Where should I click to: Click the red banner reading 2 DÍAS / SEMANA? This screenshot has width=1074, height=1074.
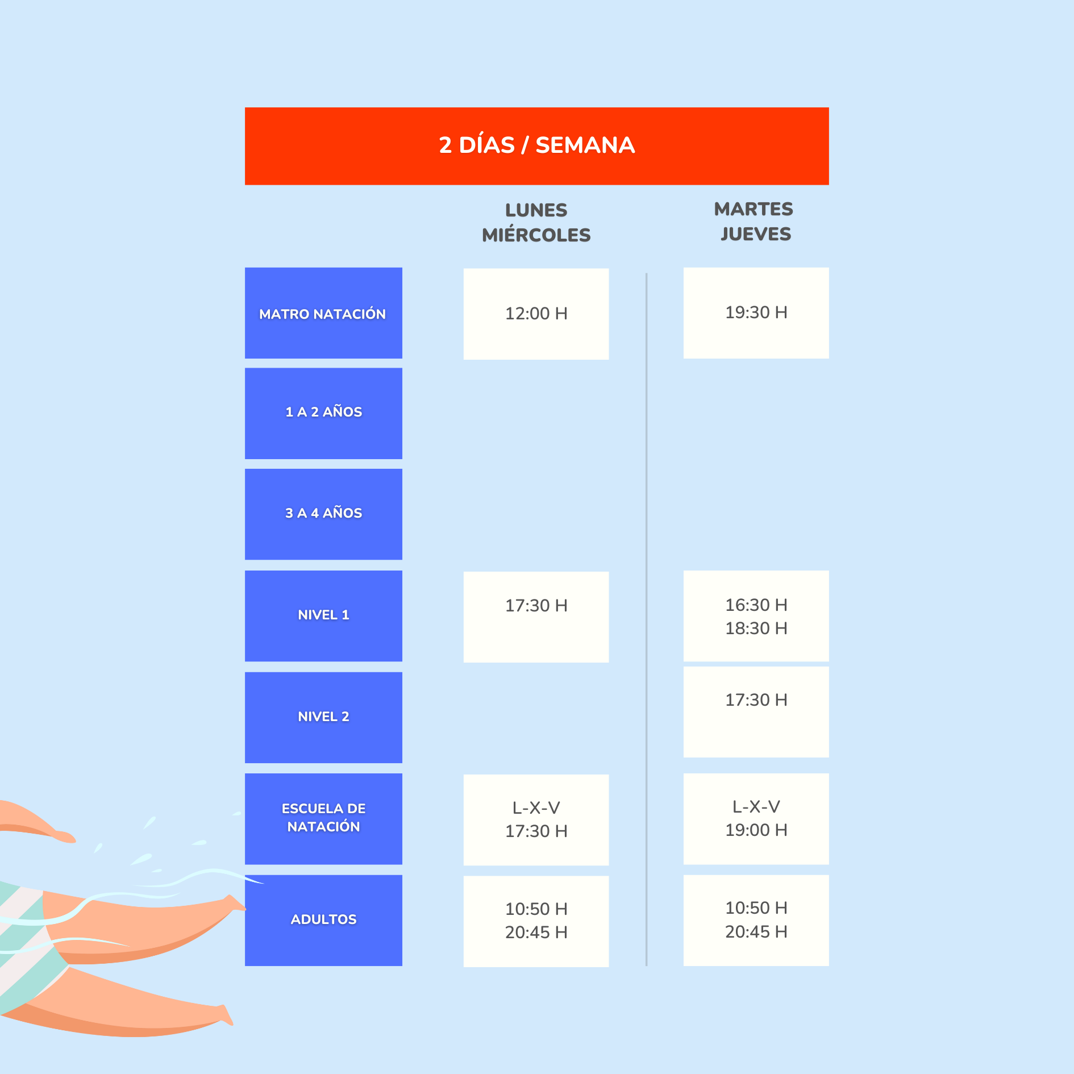536,146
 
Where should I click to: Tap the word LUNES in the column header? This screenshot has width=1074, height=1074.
536,210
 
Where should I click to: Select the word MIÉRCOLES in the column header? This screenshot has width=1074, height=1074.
536,235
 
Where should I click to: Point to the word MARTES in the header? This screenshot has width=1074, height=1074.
754,209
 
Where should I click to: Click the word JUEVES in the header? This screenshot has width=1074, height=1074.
756,234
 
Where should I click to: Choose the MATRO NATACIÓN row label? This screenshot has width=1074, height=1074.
323,313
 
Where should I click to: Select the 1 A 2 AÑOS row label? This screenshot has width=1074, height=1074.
323,413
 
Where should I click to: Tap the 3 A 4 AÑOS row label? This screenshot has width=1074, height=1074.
323,514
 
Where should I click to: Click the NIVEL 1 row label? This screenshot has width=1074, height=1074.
323,616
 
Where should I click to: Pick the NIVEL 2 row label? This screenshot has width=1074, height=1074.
323,718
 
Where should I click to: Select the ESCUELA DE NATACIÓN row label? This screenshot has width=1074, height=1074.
323,819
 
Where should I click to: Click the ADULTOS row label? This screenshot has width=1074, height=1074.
323,921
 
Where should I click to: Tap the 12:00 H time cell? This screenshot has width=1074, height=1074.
536,314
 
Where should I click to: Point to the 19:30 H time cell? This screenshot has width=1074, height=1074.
756,313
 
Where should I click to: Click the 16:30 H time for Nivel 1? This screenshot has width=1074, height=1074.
756,605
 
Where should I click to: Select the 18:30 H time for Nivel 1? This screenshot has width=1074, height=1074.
756,628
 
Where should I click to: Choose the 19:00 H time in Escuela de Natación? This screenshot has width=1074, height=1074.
756,830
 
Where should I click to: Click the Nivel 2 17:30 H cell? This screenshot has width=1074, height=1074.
756,712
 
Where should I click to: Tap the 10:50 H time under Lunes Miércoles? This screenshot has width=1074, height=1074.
536,909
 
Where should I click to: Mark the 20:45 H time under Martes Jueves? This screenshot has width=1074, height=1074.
756,932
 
